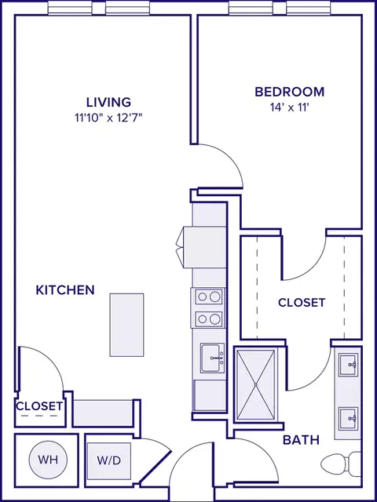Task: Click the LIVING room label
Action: (108, 102)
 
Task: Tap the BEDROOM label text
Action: (290, 92)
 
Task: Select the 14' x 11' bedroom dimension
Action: (290, 107)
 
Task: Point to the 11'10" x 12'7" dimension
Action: (108, 118)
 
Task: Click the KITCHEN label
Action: (65, 290)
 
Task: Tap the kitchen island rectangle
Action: (126, 325)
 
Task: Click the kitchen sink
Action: (213, 358)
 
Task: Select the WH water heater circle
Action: (48, 460)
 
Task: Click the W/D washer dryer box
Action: (109, 460)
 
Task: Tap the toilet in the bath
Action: (341, 464)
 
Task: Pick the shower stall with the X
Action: (255, 384)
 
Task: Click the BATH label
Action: (301, 440)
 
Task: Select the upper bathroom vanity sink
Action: (349, 365)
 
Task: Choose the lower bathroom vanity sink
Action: (349, 419)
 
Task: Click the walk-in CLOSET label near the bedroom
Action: (302, 303)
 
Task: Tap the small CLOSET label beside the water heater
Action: (39, 406)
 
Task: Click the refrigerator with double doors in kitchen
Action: (201, 247)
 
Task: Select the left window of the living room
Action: (71, 9)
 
